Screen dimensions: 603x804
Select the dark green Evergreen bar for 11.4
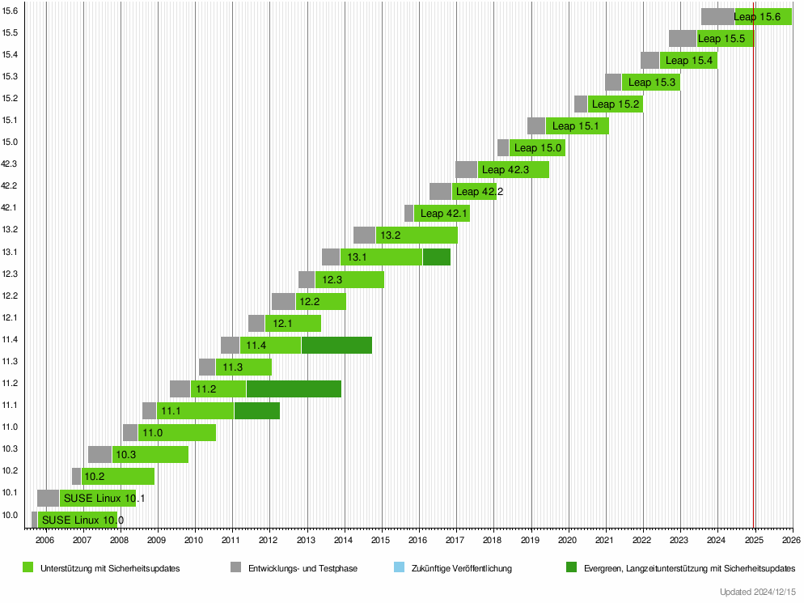coord(336,345)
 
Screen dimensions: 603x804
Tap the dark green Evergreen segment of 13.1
coord(436,257)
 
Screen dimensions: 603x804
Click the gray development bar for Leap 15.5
coord(682,38)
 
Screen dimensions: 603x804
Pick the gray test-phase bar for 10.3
coord(99,454)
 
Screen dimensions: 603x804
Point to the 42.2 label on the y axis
coord(10,185)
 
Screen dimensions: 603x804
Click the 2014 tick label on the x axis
coord(343,540)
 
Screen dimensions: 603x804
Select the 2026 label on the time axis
coord(791,540)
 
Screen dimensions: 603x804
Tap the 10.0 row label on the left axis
coord(10,514)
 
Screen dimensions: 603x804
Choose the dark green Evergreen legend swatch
coord(573,568)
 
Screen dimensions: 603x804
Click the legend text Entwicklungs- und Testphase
coord(303,568)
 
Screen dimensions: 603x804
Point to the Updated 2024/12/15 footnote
coord(758,592)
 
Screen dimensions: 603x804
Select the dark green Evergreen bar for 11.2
coord(294,389)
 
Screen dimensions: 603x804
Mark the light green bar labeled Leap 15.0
coord(538,148)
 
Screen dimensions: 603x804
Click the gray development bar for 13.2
coord(364,236)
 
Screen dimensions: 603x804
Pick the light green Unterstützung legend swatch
coord(28,568)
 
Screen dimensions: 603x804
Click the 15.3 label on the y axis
coord(10,76)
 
